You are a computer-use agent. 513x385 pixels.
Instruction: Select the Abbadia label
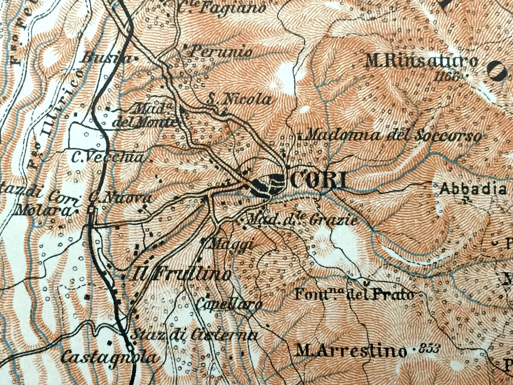click(x=473, y=189)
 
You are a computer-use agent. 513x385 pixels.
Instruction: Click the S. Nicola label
click(x=239, y=100)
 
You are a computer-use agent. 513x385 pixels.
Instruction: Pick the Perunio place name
click(x=222, y=51)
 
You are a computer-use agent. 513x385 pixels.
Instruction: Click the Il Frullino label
click(x=182, y=275)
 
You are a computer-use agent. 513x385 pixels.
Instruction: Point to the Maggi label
click(x=230, y=243)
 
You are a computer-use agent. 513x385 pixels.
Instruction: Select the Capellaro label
click(x=229, y=304)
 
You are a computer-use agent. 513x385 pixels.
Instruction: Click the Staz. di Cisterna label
click(x=194, y=335)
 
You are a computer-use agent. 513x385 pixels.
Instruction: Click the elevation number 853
click(x=430, y=348)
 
